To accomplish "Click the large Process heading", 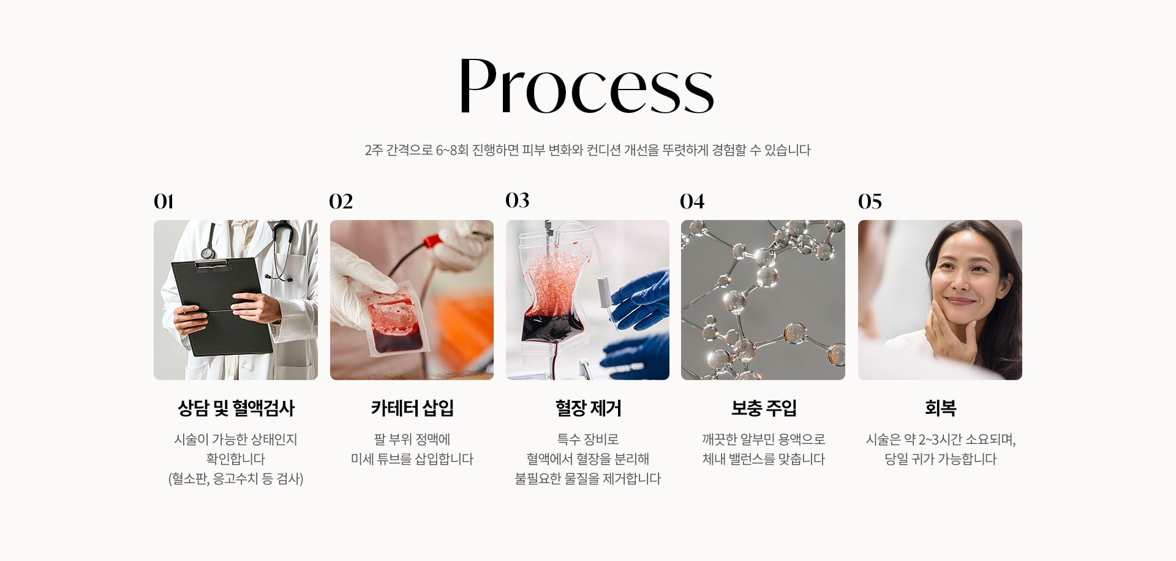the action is tap(587, 86).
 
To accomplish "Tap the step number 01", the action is tap(164, 201).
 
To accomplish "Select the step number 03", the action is tap(518, 200).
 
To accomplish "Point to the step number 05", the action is tap(870, 201).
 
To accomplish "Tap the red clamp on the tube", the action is tap(433, 240).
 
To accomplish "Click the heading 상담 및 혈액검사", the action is tap(236, 408).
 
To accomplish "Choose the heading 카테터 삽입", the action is tap(412, 408).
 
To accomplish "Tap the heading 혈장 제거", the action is tap(588, 408).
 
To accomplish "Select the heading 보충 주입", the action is tap(764, 408).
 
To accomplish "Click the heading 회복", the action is tap(940, 408).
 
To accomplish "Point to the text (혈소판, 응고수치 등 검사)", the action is tap(236, 479).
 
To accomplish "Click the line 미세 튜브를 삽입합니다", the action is tap(412, 459).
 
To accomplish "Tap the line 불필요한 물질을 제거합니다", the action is tap(588, 479).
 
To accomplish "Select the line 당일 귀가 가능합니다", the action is tap(940, 459).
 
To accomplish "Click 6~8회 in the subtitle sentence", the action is tap(452, 150).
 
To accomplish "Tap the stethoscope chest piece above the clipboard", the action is tap(208, 253).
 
